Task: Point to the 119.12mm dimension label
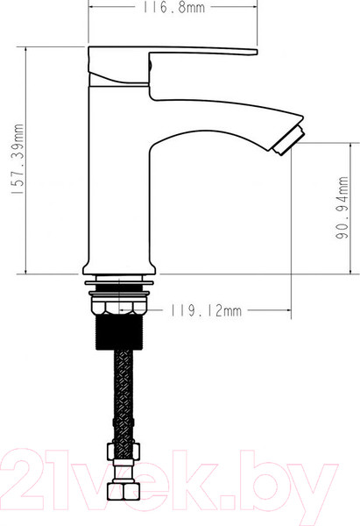click(x=206, y=309)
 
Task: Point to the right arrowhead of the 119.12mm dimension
click(x=286, y=309)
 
